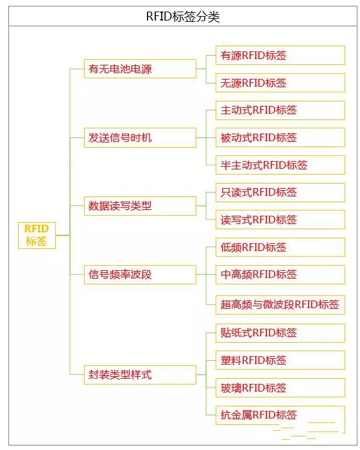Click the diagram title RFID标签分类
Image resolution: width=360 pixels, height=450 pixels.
pos(183,16)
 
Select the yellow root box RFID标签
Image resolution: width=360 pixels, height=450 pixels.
pos(37,236)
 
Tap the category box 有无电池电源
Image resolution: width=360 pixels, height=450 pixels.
pos(140,69)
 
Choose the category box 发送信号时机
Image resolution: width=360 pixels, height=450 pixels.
pos(140,138)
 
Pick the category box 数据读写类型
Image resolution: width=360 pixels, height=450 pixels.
pos(140,206)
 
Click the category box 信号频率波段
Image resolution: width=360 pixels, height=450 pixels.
pos(140,275)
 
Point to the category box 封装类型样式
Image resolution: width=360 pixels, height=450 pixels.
pos(140,375)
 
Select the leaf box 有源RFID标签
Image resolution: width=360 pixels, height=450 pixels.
pos(280,55)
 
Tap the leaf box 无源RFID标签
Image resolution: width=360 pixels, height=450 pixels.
pos(280,83)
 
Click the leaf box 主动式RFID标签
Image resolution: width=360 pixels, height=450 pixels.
pos(280,110)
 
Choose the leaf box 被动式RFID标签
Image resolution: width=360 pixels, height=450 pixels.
pos(280,137)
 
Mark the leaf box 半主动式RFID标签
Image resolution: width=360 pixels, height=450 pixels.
pos(280,165)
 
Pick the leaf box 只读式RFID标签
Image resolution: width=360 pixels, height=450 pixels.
pos(280,193)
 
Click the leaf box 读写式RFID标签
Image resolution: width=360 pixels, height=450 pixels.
pos(280,220)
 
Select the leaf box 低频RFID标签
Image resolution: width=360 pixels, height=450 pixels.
pos(280,247)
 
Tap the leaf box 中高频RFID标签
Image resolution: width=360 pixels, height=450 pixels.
pos(280,275)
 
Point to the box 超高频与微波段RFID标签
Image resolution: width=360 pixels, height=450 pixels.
pos(280,305)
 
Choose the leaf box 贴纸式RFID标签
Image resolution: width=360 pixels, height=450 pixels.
pos(280,333)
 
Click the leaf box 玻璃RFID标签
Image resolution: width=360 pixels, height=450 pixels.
pos(280,388)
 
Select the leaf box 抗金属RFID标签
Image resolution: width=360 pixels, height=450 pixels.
pos(280,415)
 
